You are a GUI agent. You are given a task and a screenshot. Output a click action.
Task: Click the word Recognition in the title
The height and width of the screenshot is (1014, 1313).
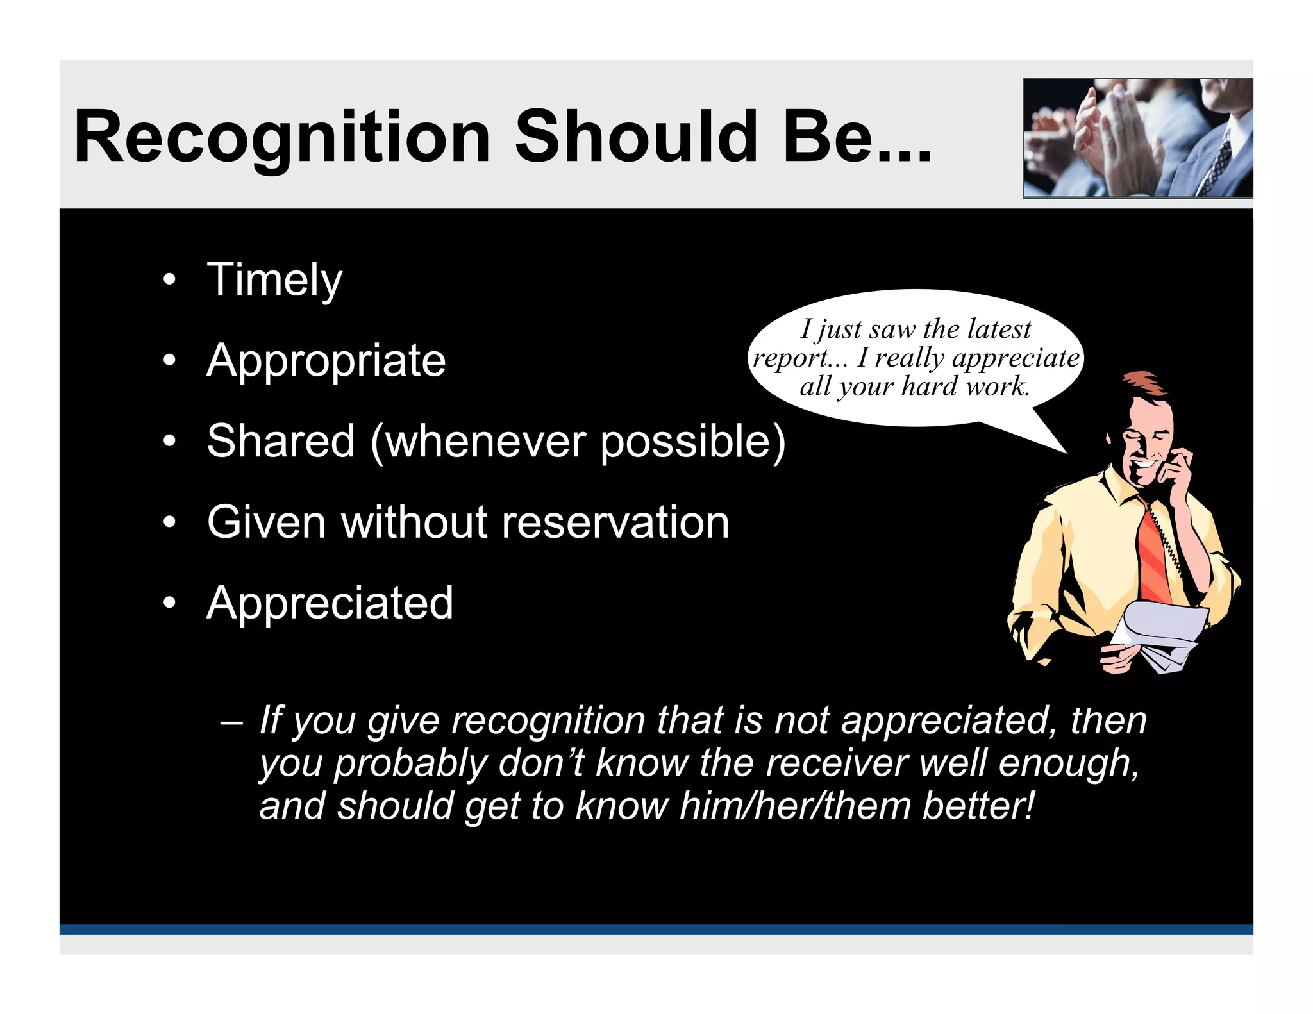tap(282, 138)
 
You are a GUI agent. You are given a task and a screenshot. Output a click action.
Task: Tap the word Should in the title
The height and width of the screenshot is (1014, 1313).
tap(637, 137)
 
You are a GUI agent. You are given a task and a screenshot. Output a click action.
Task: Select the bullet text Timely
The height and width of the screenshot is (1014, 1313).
tap(274, 280)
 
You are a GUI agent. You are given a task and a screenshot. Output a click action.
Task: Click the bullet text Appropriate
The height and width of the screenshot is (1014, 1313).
tap(326, 361)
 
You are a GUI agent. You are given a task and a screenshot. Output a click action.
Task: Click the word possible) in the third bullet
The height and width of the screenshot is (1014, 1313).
tap(692, 442)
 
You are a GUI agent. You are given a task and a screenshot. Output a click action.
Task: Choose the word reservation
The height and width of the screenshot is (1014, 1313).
tap(615, 522)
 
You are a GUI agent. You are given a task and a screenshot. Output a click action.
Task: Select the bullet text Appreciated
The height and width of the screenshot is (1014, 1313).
tap(330, 603)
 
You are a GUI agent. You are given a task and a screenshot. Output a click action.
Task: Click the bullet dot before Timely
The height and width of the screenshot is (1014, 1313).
tap(169, 280)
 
